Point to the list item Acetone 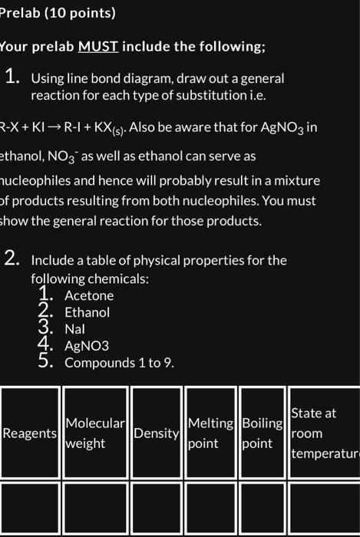[89, 295]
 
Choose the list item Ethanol [87, 312]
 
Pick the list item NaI [75, 329]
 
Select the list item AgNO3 [87, 345]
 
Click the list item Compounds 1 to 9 [119, 362]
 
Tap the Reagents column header [30, 433]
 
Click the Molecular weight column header [95, 433]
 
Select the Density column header [157, 433]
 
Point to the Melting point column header [210, 433]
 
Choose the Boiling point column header [262, 433]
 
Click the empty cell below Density [157, 510]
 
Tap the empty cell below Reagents [30, 510]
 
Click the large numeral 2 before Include [11, 259]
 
